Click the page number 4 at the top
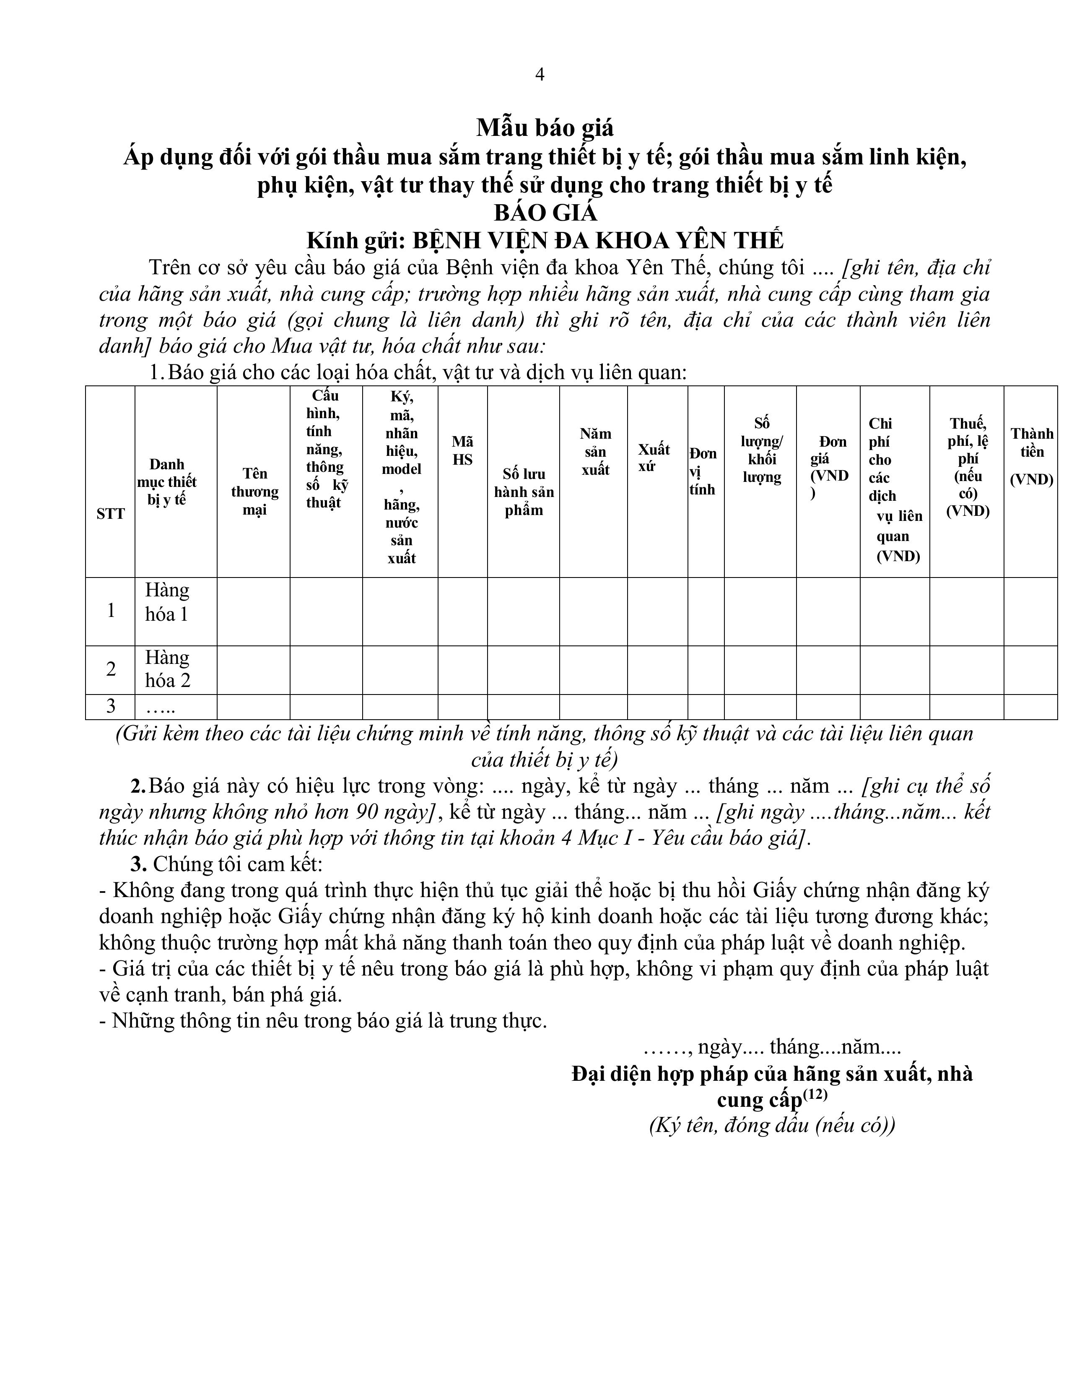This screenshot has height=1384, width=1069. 540,75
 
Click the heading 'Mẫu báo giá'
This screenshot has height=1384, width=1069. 545,128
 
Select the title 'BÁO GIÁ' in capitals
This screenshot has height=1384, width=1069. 545,212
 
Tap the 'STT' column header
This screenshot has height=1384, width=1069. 110,513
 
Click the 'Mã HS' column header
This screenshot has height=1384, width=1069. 462,450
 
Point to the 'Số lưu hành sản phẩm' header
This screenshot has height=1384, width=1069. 524,492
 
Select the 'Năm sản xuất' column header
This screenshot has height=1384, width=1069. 595,451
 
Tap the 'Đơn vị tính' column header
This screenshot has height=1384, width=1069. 703,471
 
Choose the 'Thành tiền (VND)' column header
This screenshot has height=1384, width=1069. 1031,456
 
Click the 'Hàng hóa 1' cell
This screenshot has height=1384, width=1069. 167,602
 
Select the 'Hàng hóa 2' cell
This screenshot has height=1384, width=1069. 167,669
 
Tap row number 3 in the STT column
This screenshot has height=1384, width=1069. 111,706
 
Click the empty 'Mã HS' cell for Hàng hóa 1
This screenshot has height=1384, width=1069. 462,611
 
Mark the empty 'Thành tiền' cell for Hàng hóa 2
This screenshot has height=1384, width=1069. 1030,670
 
